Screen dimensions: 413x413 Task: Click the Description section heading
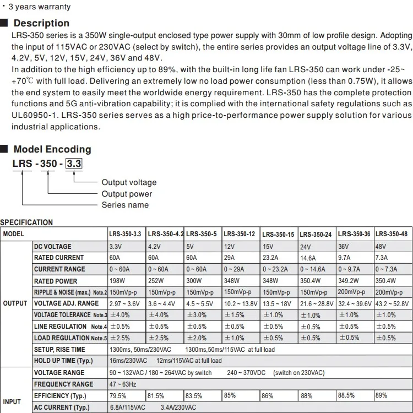click(41, 23)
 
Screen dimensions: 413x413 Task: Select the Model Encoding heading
click(52, 149)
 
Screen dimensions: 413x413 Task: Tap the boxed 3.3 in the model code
click(74, 164)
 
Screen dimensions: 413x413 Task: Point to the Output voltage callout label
click(129, 182)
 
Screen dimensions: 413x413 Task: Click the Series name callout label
click(125, 205)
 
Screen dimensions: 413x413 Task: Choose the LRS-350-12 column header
click(240, 234)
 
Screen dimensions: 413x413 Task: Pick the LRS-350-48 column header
click(392, 234)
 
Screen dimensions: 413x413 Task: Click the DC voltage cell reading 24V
click(305, 247)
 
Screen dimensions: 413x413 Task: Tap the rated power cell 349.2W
click(348, 281)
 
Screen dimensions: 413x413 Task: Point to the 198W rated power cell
click(117, 281)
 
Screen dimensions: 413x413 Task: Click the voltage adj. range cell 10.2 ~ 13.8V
click(241, 303)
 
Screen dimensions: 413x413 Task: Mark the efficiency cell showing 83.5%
click(194, 396)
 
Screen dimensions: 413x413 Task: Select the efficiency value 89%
click(381, 395)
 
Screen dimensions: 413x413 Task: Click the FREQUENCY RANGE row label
click(63, 384)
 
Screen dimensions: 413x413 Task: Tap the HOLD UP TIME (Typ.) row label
click(63, 361)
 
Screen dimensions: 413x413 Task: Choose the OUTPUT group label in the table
click(15, 303)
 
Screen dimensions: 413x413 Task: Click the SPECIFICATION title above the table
click(26, 222)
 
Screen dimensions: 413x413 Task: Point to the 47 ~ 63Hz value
click(122, 384)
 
